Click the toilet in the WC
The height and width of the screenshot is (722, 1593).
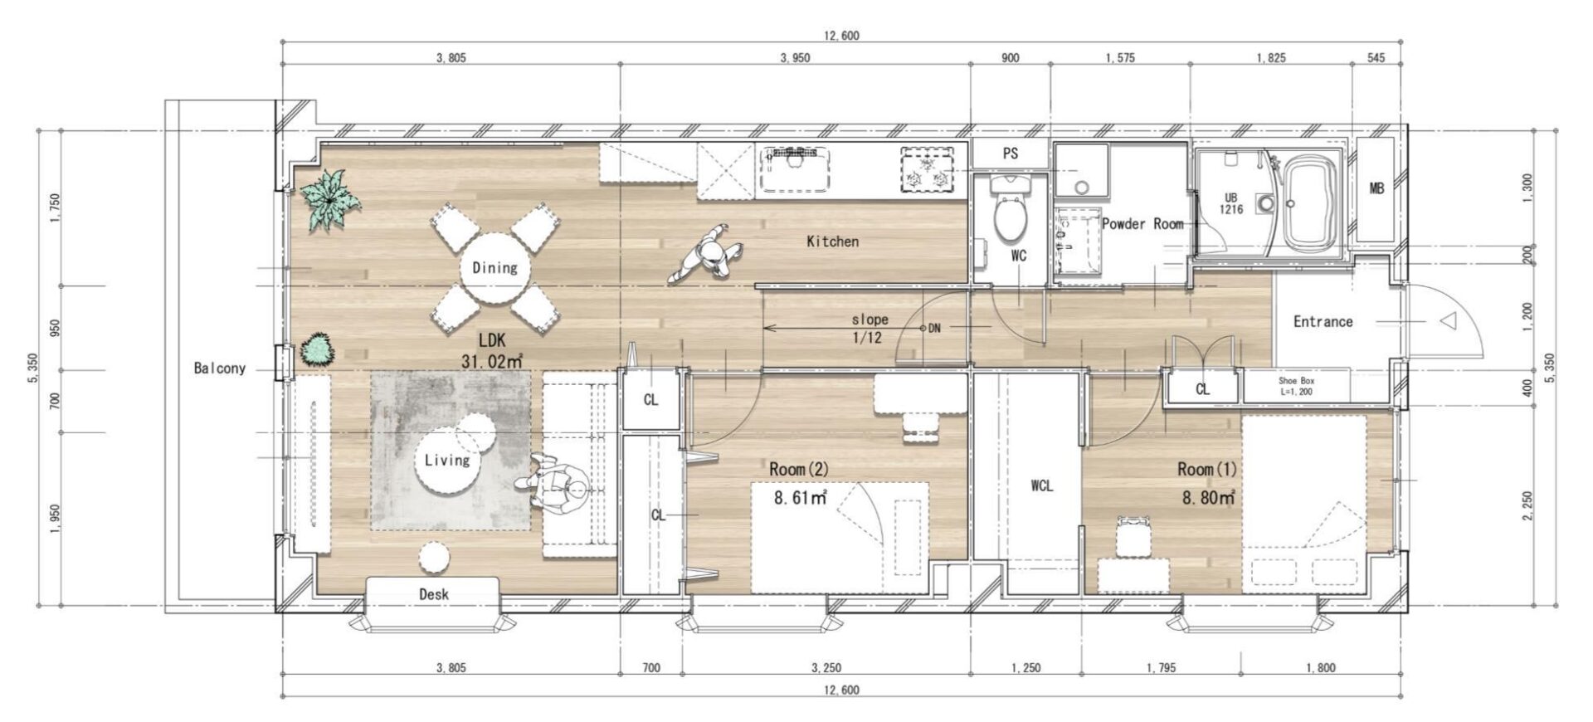click(1010, 207)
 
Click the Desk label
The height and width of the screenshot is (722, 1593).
click(433, 594)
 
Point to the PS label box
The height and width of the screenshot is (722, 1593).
click(1010, 154)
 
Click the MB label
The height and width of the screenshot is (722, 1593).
click(1376, 188)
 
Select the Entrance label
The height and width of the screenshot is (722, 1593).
click(1323, 321)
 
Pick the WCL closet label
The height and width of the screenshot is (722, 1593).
click(1041, 485)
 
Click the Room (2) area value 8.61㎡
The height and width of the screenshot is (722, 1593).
click(800, 499)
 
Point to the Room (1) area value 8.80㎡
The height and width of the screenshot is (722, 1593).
click(1209, 498)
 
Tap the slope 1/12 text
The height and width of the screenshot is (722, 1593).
click(870, 329)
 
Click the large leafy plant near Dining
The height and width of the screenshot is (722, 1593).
click(330, 199)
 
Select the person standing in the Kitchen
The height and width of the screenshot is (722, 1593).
click(707, 256)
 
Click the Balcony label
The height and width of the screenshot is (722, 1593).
click(220, 368)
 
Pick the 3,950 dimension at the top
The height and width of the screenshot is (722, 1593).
click(795, 58)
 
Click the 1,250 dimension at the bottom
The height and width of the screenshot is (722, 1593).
click(1025, 668)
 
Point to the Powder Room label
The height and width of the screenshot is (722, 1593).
click(1142, 224)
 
